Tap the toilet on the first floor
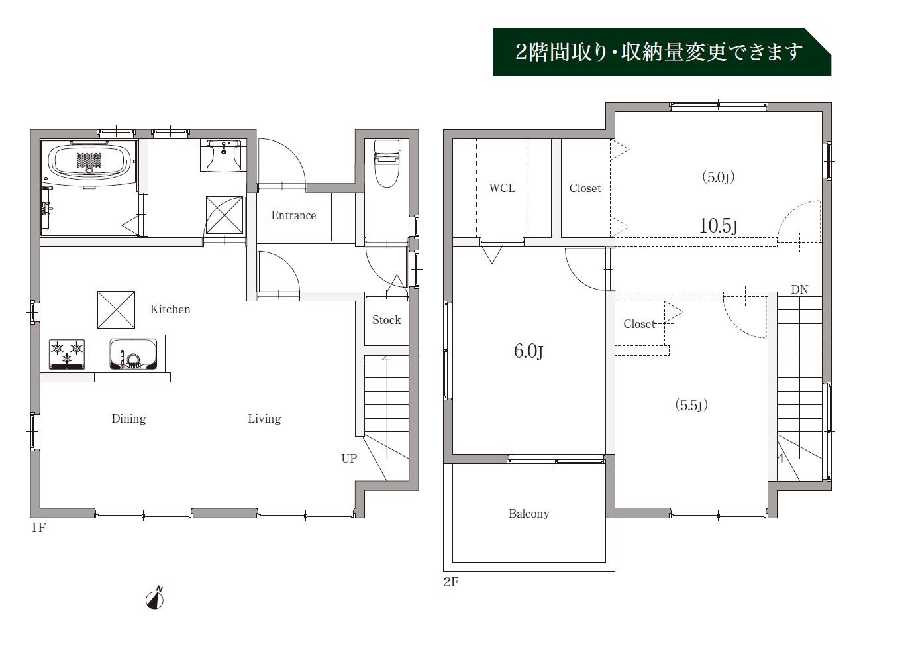387,164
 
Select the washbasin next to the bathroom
223,156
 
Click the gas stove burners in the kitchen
67,354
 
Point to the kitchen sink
133,354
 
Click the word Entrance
293,215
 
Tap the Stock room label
386,319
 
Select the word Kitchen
170,309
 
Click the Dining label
128,418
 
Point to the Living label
264,418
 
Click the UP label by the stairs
349,458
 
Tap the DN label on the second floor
799,290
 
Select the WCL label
502,188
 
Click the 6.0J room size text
528,351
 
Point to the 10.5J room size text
719,226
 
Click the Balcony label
528,514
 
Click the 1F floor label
38,527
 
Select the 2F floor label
451,582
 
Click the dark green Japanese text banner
662,52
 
